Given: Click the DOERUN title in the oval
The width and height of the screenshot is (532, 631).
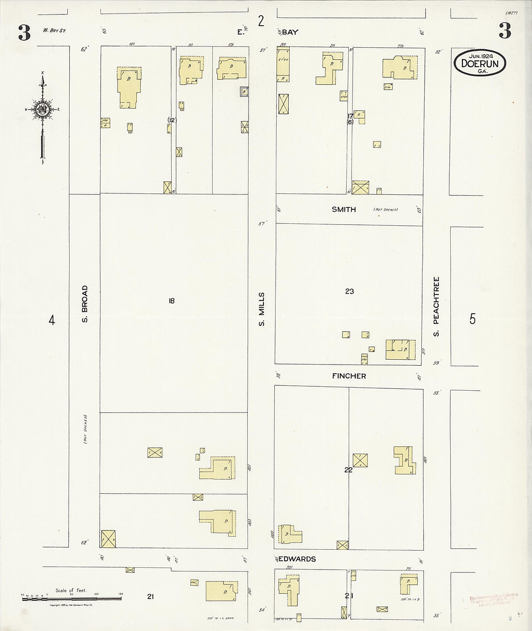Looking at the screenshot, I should point(480,63).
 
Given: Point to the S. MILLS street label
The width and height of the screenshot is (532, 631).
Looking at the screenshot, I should point(262,309).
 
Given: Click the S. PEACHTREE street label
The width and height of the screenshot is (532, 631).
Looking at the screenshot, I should point(436,307).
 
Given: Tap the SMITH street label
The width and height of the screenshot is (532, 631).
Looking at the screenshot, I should point(344,209).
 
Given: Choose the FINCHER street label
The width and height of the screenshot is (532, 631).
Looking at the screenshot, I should point(349,376).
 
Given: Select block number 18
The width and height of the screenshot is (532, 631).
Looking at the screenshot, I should point(171,301).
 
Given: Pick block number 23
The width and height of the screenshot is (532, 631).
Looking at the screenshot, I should point(349,291).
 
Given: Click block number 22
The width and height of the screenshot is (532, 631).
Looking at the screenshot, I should point(348,470).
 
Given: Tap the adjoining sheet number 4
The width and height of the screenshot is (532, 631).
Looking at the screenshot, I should point(52,320).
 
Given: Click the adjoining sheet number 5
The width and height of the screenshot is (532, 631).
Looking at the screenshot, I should point(473,319).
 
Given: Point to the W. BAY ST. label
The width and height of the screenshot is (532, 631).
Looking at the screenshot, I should point(54,31).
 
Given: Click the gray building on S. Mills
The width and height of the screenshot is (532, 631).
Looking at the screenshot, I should point(245,91).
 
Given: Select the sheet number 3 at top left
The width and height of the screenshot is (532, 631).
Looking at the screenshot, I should point(24,33).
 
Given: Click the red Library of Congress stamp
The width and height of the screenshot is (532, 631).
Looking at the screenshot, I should point(493,599).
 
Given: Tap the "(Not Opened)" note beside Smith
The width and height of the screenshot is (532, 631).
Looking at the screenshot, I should point(385,210).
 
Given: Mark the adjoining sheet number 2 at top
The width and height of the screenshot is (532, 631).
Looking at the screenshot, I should point(261,21).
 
